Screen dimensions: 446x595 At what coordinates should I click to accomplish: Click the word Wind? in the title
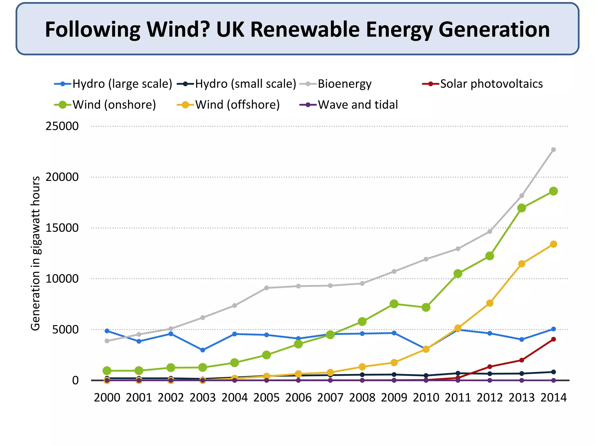(x=178, y=30)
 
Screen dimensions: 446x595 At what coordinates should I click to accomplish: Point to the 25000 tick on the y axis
(x=62, y=126)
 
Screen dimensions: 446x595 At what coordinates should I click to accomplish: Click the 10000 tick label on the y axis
(x=62, y=279)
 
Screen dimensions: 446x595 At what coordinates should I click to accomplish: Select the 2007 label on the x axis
(x=330, y=398)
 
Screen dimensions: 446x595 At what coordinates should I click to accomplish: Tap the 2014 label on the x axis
(x=553, y=398)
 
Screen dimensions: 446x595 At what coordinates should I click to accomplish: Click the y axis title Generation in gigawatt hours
(x=35, y=253)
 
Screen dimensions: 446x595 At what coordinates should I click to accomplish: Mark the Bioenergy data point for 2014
(x=553, y=150)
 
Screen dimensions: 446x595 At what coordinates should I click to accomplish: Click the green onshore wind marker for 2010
(x=426, y=307)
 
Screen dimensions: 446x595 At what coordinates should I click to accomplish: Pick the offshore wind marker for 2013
(x=521, y=264)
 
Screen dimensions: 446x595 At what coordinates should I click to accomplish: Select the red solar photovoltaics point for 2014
(x=553, y=339)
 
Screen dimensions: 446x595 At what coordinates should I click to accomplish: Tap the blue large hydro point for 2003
(x=203, y=350)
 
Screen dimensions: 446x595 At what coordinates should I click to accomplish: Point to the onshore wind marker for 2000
(x=107, y=371)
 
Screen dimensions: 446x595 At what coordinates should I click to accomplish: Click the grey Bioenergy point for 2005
(x=266, y=288)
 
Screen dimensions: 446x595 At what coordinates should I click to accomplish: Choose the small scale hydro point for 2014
(x=553, y=372)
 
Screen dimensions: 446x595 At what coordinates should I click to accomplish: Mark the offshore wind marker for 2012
(x=490, y=303)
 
